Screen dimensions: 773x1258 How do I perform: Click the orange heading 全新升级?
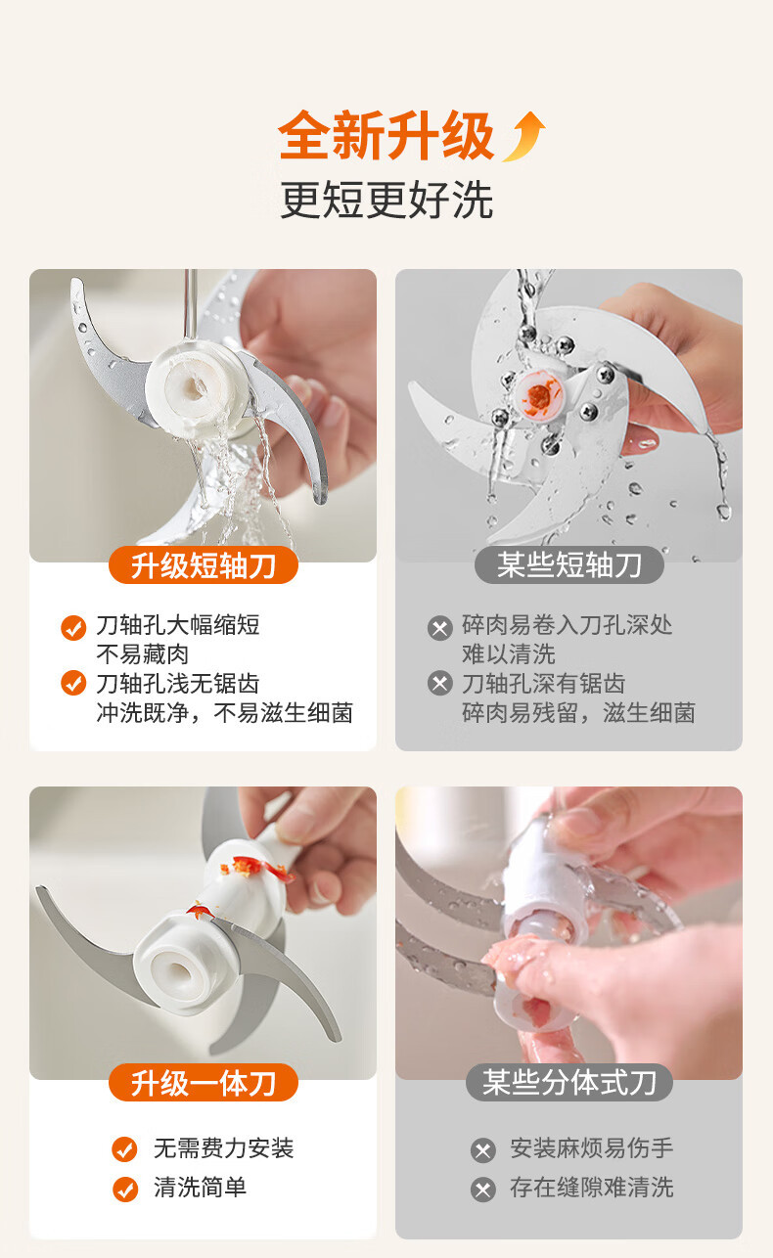[x=386, y=135]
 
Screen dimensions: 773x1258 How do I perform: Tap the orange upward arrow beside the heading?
[x=524, y=136]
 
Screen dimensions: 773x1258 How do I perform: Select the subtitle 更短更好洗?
[x=386, y=200]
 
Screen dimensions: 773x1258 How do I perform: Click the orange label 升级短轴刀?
[x=203, y=565]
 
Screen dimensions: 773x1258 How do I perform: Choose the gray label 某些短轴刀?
[x=569, y=565]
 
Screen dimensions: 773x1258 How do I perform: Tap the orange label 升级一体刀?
[x=203, y=1082]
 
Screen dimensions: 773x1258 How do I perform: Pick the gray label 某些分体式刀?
[x=569, y=1082]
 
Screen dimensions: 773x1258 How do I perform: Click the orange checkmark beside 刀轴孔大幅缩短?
[x=73, y=628]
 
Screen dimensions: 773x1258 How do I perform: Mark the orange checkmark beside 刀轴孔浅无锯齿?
[x=73, y=683]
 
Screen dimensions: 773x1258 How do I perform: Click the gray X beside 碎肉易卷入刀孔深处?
[x=440, y=628]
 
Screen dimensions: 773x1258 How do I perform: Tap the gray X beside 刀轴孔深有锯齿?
[x=440, y=683]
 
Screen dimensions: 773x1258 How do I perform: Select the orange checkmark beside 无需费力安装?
[x=124, y=1149]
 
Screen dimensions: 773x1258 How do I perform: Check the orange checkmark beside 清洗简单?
[x=124, y=1189]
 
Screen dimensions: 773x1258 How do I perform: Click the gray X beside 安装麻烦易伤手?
[x=483, y=1150]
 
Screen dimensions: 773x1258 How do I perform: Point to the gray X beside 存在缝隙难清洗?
[x=483, y=1190]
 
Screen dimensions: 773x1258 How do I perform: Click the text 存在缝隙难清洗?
[x=592, y=1188]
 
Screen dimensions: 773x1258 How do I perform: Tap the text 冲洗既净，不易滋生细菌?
[x=225, y=712]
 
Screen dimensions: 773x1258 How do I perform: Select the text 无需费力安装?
[x=224, y=1147]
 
